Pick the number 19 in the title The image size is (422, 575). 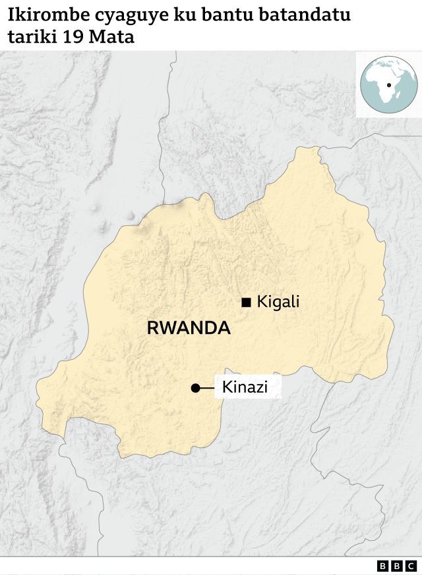[74, 38]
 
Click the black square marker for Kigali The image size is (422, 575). [247, 302]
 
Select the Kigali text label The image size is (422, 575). [278, 302]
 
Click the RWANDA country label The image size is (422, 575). [189, 328]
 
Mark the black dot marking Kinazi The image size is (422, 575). [195, 388]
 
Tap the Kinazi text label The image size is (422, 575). [245, 387]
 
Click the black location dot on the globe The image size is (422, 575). [390, 85]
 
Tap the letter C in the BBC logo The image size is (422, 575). [411, 566]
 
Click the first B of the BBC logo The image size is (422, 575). [383, 566]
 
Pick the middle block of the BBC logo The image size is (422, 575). [397, 566]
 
